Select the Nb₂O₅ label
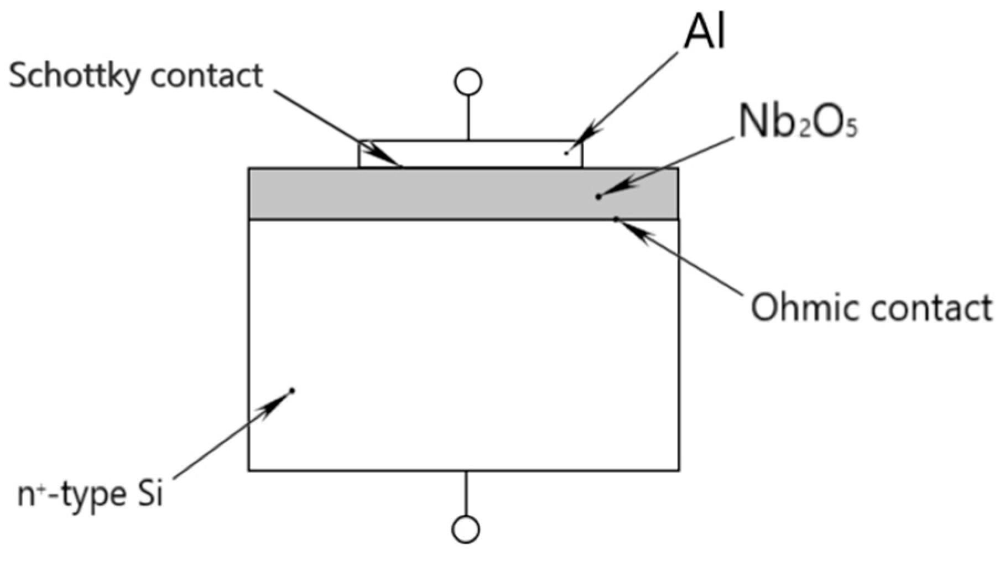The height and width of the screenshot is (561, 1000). (x=798, y=122)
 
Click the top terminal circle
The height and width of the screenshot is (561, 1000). (x=468, y=82)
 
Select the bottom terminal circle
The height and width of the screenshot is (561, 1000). (x=466, y=529)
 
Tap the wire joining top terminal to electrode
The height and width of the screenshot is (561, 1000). (x=468, y=117)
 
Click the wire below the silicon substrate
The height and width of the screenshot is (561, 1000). (x=466, y=492)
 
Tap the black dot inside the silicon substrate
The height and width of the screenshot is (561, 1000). (x=292, y=391)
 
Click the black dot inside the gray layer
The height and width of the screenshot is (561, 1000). (x=598, y=196)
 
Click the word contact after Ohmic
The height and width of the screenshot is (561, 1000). (x=929, y=308)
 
